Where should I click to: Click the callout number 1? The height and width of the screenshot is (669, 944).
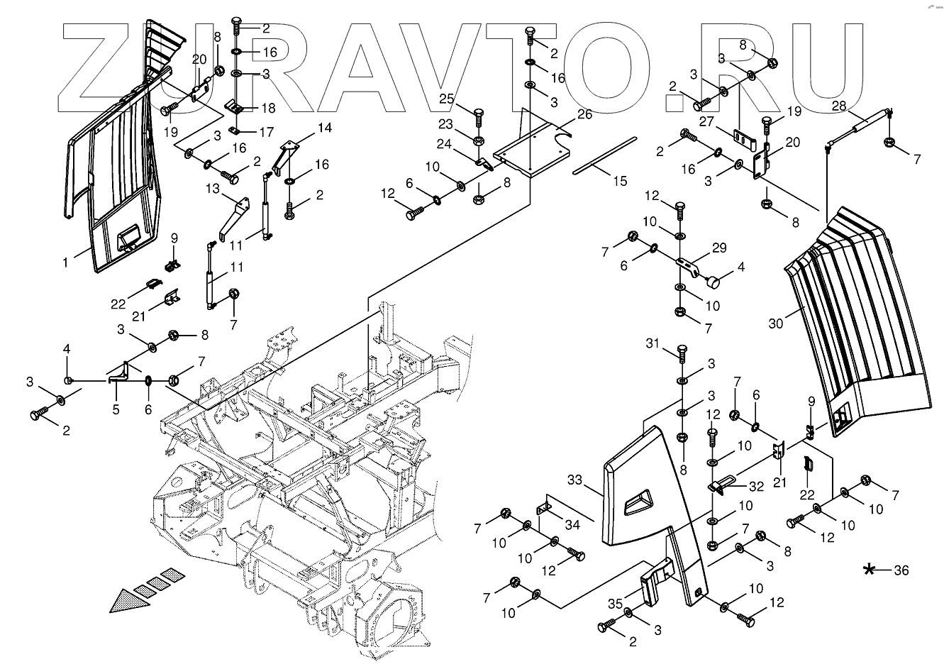[x=65, y=262]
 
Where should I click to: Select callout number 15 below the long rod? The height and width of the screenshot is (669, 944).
[x=620, y=182]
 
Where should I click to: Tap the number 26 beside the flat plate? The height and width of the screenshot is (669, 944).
[x=585, y=114]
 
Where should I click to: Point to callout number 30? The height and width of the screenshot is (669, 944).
[x=776, y=324]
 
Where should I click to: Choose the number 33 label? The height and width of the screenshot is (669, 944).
[x=574, y=480]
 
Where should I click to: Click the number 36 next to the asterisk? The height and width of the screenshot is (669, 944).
[x=901, y=570]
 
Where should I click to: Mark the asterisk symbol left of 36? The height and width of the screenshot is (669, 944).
[x=869, y=570]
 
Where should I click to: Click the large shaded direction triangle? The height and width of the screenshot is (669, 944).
[x=130, y=602]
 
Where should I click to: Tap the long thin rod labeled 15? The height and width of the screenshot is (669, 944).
[x=605, y=155]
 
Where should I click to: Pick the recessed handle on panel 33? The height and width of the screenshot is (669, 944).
[x=638, y=502]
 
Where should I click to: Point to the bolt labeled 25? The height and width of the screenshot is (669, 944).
[x=479, y=118]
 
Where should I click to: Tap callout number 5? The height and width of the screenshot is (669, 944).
[x=116, y=409]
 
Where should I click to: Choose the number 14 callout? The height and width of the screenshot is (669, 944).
[x=325, y=128]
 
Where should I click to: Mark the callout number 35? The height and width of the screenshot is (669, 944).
[x=616, y=604]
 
